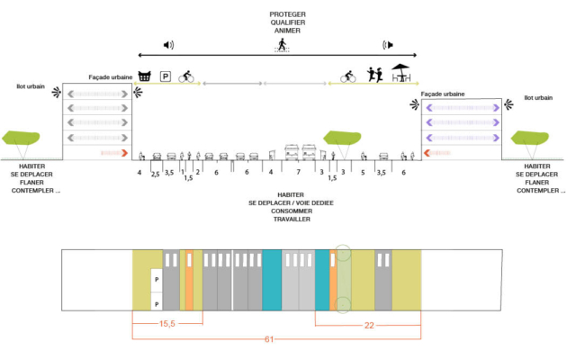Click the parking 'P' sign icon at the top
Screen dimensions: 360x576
[166, 76]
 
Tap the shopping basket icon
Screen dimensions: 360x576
[143, 76]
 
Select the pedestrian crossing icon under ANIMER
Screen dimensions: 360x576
[282, 44]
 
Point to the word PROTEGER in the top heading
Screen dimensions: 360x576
[287, 15]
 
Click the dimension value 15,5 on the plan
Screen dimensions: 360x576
[166, 323]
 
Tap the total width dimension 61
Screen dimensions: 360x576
[270, 339]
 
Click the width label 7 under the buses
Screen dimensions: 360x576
[298, 171]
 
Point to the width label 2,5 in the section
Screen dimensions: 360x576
[155, 172]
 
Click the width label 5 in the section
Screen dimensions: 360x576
[363, 171]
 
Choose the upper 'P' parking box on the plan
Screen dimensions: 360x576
[156, 279]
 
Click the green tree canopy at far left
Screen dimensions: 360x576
[21, 138]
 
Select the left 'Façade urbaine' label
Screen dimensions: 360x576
[110, 78]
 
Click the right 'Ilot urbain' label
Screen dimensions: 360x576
[539, 97]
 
